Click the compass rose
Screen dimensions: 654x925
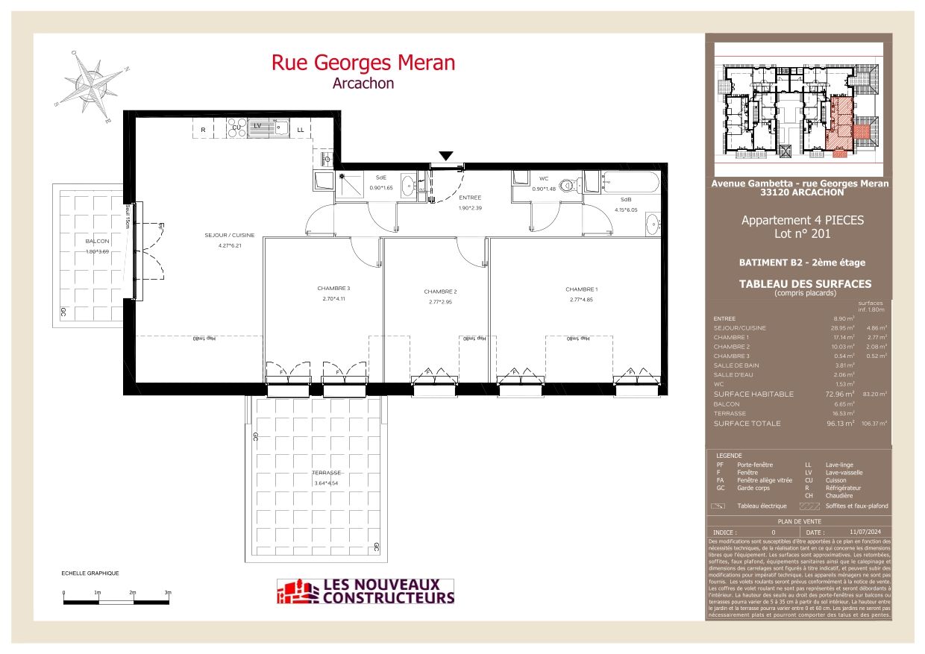point(92,83)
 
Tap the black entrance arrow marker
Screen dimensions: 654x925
point(445,156)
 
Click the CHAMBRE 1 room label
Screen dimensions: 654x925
point(581,289)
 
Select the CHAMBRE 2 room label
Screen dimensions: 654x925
point(439,292)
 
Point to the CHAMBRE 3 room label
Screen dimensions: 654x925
point(333,289)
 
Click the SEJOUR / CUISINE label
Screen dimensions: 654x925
point(231,236)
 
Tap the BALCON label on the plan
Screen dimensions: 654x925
point(97,242)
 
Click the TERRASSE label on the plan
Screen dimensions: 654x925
point(327,473)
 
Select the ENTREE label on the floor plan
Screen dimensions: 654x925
point(470,198)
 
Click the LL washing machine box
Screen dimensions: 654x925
point(301,130)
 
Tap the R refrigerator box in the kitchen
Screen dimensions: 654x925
point(203,130)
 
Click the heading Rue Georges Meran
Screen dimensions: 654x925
point(363,63)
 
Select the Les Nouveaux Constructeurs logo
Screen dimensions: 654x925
point(366,591)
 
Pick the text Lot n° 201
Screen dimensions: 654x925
point(802,233)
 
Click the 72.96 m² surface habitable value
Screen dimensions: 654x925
point(839,394)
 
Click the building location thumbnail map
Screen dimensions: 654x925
point(799,101)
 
